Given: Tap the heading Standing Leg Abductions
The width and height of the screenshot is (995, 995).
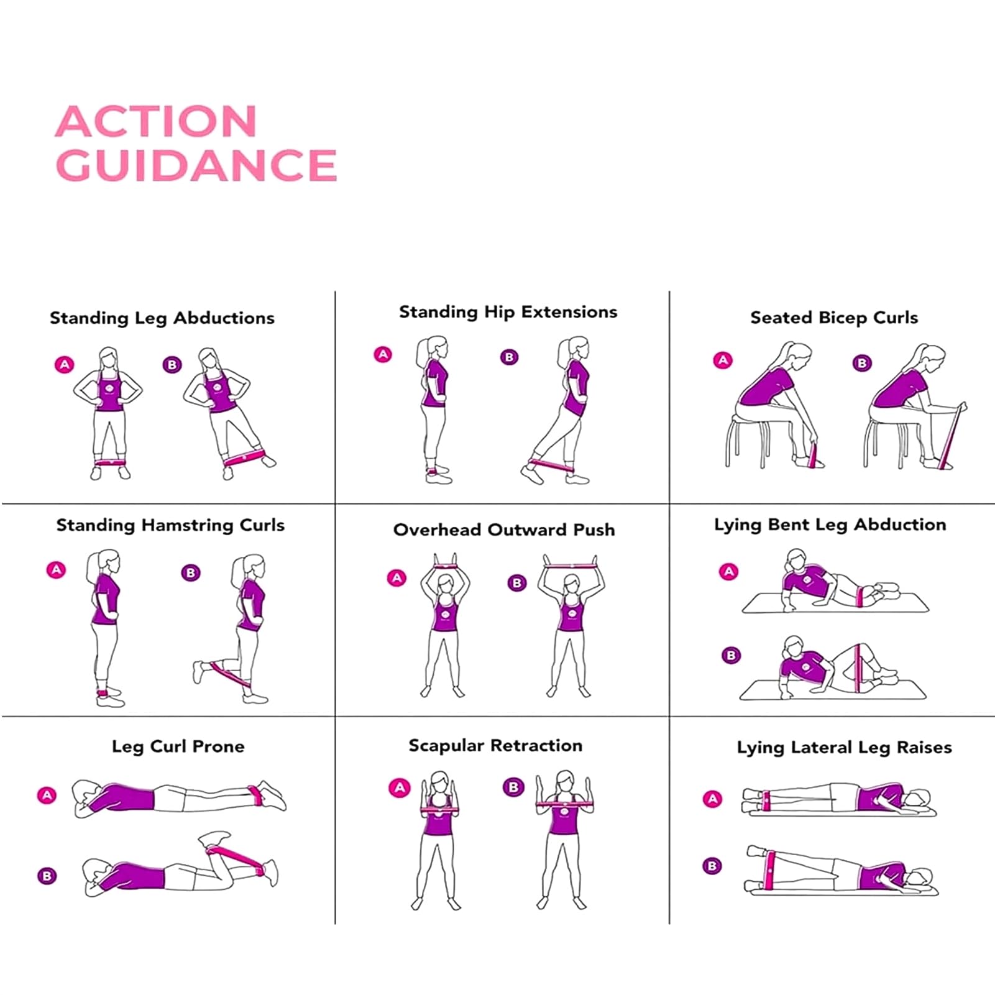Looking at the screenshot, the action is [x=162, y=318].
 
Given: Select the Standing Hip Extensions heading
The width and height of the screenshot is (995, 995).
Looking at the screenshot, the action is [x=508, y=312].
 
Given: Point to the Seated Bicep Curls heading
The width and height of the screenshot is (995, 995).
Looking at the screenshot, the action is [x=834, y=318].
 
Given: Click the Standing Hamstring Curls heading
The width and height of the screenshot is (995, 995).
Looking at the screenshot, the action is [x=170, y=525].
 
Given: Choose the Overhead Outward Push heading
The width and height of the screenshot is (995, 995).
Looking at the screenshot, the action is [x=504, y=530].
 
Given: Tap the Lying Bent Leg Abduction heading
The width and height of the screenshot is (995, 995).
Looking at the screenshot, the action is [x=830, y=525].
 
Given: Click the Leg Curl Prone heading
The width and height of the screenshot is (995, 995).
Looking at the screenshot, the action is [x=178, y=746].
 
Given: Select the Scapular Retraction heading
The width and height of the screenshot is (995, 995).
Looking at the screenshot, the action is [x=495, y=746].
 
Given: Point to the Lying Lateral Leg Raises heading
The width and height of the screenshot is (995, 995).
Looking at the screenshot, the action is [x=845, y=748].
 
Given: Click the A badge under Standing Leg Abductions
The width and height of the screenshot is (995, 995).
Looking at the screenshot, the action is [x=65, y=365].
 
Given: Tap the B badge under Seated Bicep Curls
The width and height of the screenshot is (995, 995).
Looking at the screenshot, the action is [x=862, y=363].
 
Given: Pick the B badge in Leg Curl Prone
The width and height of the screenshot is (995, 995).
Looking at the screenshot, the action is [x=47, y=876].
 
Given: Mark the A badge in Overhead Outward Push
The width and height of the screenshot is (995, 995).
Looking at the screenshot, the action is [x=397, y=578].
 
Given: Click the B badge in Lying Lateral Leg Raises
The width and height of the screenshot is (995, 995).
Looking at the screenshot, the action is [x=712, y=866].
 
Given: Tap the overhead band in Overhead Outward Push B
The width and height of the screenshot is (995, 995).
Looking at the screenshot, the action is [x=571, y=566].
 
